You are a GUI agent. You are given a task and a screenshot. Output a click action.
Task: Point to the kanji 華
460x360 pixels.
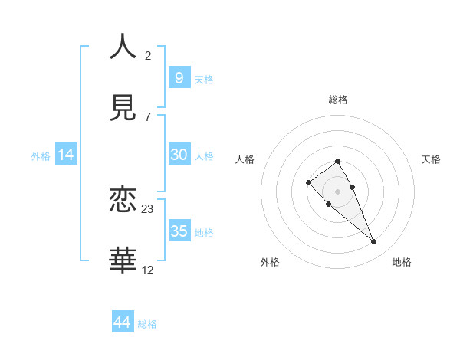(x=123, y=260)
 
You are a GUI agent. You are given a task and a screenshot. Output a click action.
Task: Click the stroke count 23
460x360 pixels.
(x=148, y=209)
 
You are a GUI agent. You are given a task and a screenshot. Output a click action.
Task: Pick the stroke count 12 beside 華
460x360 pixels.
(x=148, y=270)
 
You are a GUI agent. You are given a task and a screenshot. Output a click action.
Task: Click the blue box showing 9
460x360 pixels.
(x=179, y=77)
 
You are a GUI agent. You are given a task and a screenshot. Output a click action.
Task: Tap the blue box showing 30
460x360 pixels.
(x=179, y=155)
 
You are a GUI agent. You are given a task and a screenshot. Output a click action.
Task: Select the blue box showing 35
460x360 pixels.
(x=179, y=231)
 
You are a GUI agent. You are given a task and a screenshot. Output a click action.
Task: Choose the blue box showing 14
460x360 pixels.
(x=66, y=155)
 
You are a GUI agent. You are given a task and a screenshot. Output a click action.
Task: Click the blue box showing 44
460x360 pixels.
(x=122, y=322)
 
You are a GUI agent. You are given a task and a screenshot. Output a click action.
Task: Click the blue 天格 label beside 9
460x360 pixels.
(x=204, y=79)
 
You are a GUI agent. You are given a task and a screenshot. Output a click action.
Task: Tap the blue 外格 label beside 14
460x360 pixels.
(x=41, y=156)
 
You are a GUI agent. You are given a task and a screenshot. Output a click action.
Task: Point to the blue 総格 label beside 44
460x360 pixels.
(x=147, y=324)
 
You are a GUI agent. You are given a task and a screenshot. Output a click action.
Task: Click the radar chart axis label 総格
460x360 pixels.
(x=338, y=100)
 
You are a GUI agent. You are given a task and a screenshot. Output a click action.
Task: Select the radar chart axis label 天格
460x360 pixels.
(x=431, y=159)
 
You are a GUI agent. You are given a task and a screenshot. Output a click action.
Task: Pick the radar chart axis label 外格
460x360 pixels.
(x=270, y=262)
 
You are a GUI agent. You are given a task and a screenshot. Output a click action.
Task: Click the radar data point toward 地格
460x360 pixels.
(x=374, y=242)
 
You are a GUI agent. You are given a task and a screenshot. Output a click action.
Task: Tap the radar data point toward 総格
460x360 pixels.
(x=338, y=161)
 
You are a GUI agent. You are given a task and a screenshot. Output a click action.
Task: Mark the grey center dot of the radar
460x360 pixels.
(x=338, y=191)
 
